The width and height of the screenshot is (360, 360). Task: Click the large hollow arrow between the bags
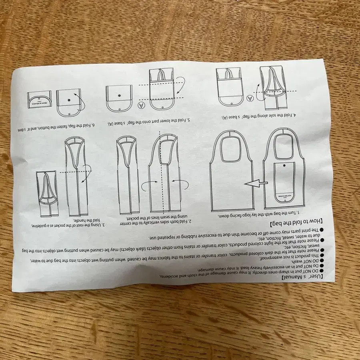(x=256, y=184)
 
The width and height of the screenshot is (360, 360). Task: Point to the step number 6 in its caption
(x=94, y=125)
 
